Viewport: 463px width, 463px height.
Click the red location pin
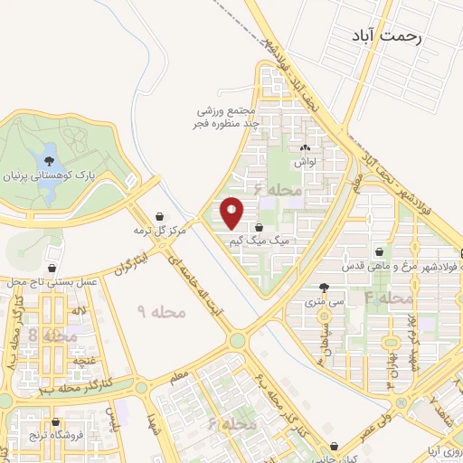pyautogui.click(x=232, y=213)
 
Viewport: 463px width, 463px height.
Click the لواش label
pyautogui.click(x=302, y=163)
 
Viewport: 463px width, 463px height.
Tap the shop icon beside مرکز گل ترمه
pyautogui.click(x=160, y=217)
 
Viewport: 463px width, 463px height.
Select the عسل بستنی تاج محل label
pyautogui.click(x=53, y=283)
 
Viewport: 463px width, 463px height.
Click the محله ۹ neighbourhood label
pyautogui.click(x=161, y=310)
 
